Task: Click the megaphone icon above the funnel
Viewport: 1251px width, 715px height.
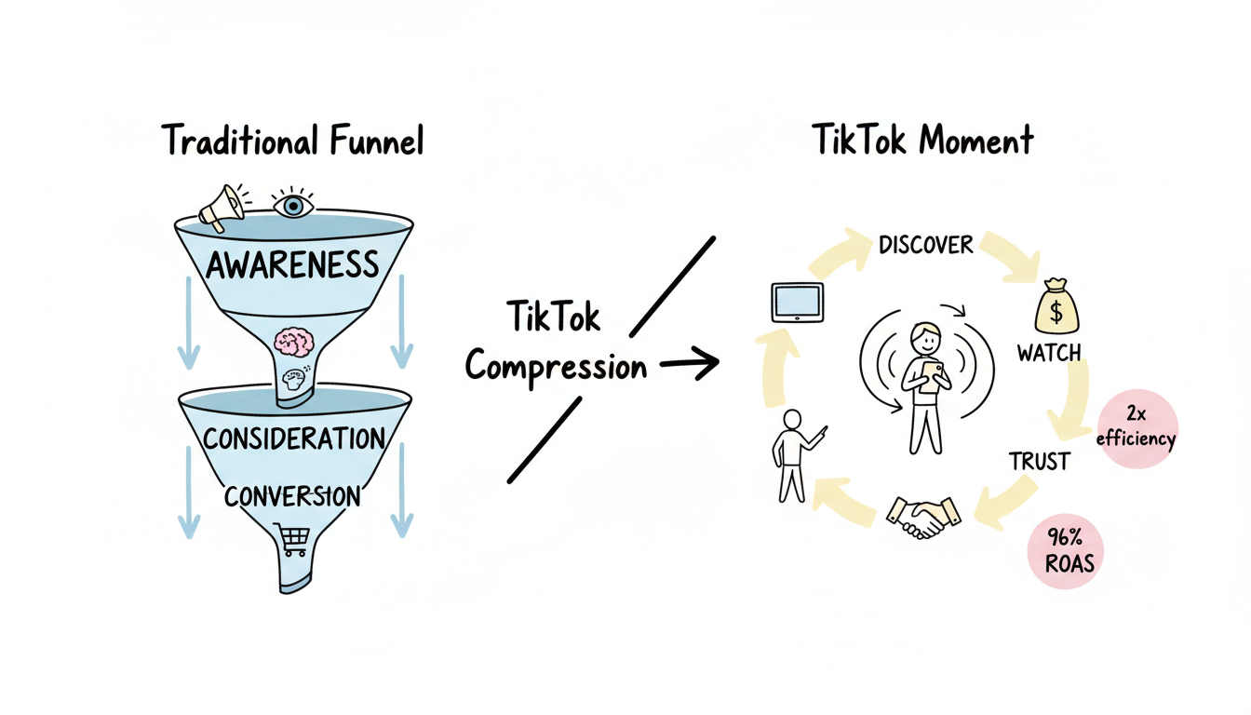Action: tap(222, 207)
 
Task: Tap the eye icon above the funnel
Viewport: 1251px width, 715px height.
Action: tap(293, 204)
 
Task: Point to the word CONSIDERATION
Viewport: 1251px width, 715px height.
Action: tap(293, 438)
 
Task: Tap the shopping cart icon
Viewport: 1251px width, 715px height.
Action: tap(292, 538)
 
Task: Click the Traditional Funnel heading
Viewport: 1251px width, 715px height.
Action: tap(292, 142)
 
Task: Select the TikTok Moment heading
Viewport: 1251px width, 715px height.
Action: tap(922, 141)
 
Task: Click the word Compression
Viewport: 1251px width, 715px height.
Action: tap(556, 366)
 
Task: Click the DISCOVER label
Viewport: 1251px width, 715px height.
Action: tap(925, 245)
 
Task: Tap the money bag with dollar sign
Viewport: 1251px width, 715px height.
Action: tap(1058, 305)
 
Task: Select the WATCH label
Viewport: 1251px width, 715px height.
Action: tap(1048, 354)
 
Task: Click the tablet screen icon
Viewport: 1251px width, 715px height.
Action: tap(797, 302)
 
